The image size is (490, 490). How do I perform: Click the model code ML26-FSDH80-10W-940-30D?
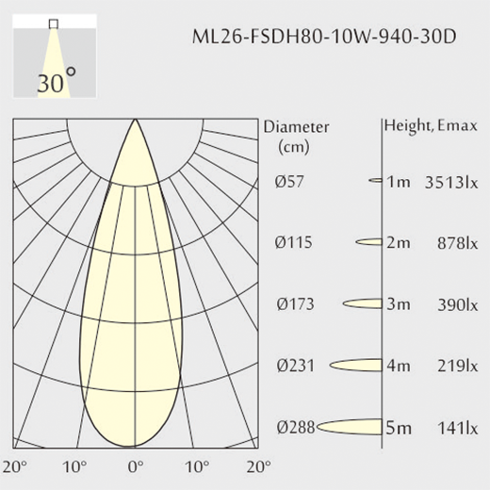[x=324, y=37]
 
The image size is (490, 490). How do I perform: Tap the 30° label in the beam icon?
[x=57, y=80]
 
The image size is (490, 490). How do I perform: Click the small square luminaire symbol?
[x=54, y=24]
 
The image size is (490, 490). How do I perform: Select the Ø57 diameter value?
[x=289, y=182]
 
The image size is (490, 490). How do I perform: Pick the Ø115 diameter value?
[x=293, y=242]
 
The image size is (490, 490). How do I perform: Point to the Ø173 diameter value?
[x=295, y=304]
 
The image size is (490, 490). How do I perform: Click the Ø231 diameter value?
[x=295, y=366]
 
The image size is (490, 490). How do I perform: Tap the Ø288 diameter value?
[x=296, y=427]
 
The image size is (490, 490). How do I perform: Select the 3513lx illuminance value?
[x=451, y=182]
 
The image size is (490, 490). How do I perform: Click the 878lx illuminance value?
[x=458, y=243]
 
